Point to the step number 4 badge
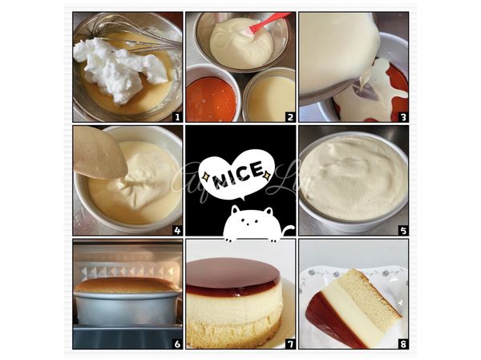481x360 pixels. pos(176,230)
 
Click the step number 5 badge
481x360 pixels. pos(402,230)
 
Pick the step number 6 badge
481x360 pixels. pos(176,343)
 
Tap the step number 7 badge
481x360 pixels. pos(289,343)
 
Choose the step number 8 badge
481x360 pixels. pos(402,343)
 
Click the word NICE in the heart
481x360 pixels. pos(240,172)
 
